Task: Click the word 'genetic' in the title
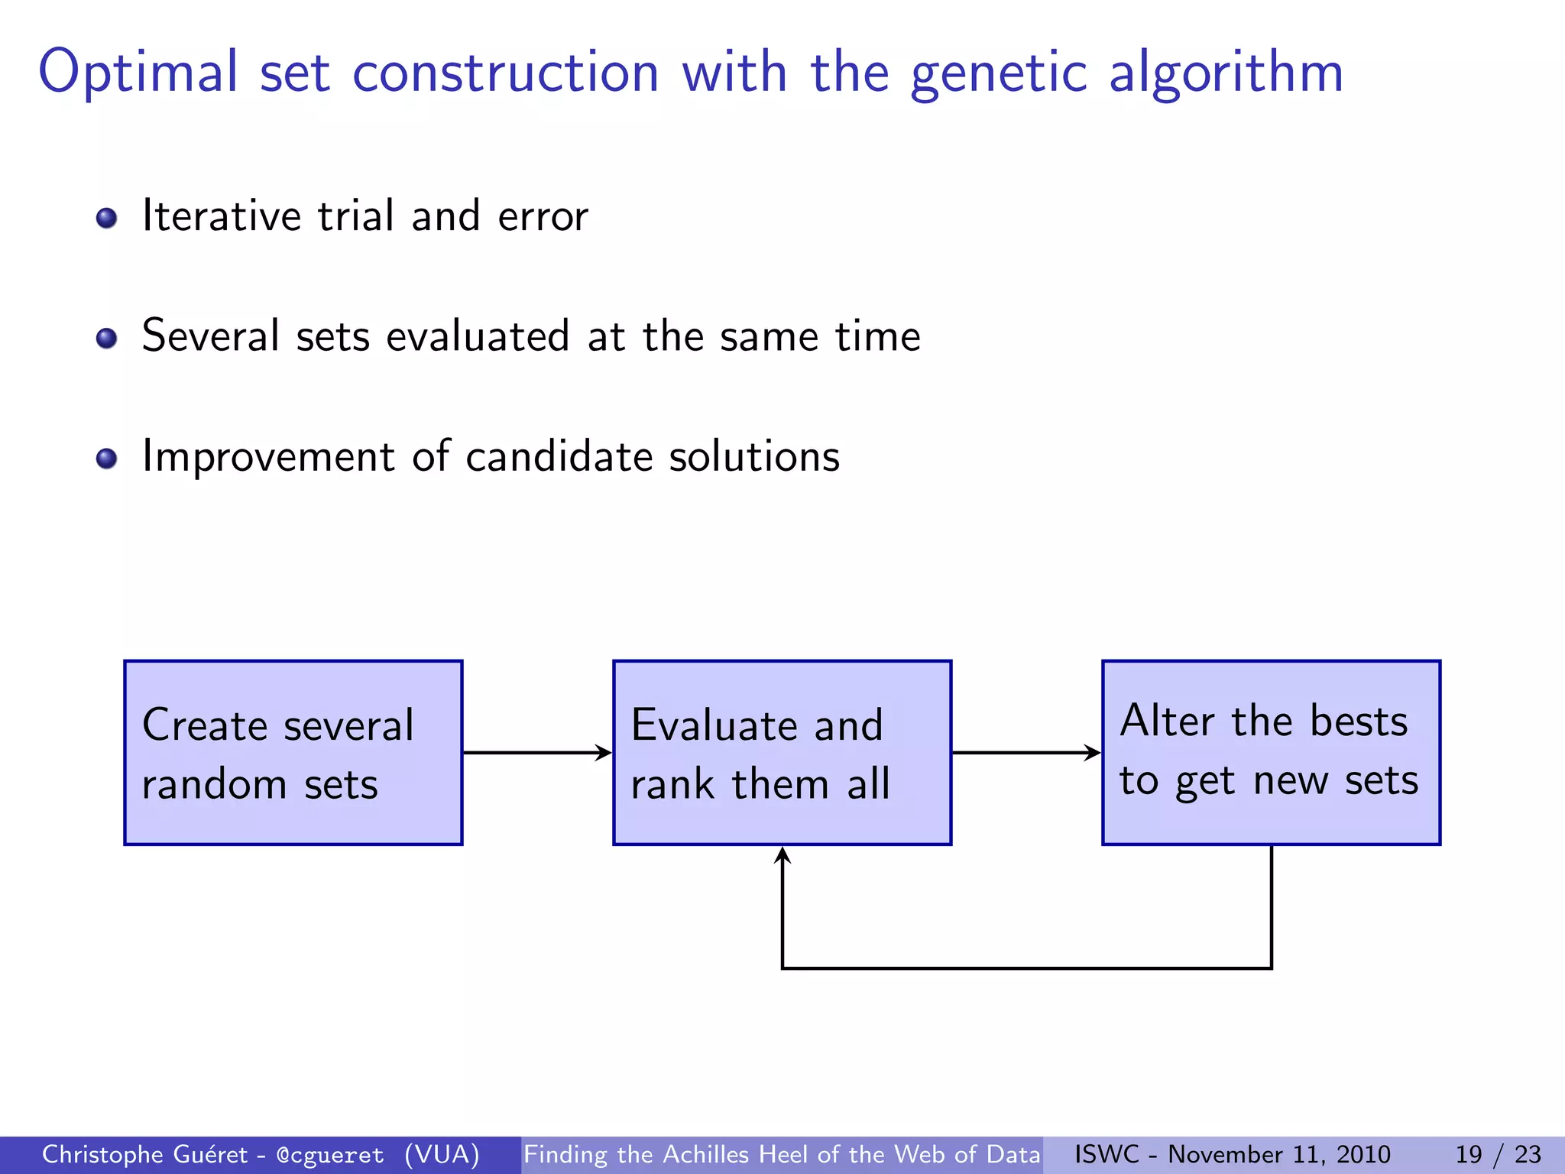click(x=998, y=73)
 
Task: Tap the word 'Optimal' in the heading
click(x=138, y=72)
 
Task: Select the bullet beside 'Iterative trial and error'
click(x=107, y=219)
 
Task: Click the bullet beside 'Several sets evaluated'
click(x=107, y=338)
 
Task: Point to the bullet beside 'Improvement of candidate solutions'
click(x=107, y=458)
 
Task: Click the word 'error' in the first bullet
click(x=543, y=217)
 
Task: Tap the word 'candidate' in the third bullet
click(x=559, y=457)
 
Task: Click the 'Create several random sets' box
click(x=293, y=753)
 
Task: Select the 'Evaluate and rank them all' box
click(x=782, y=753)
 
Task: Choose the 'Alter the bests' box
click(x=1271, y=753)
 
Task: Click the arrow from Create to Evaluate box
click(x=537, y=753)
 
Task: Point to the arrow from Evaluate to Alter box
click(x=1026, y=753)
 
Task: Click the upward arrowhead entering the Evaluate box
click(x=782, y=856)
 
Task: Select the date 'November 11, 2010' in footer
click(x=1278, y=1154)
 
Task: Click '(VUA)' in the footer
click(x=442, y=1154)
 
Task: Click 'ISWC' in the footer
click(x=1107, y=1154)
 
